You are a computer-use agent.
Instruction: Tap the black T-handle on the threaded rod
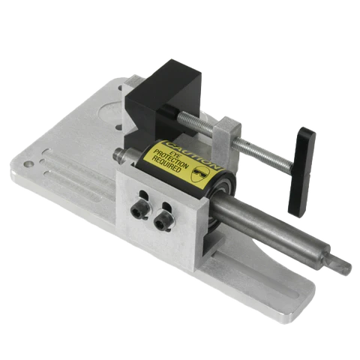301,172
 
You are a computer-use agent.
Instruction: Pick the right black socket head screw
160,221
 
